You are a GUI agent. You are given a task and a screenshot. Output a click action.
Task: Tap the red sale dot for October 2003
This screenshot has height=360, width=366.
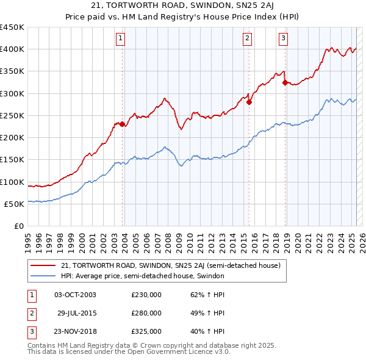coord(123,124)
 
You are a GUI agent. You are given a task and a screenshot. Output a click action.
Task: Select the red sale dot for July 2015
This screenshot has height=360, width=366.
coord(249,102)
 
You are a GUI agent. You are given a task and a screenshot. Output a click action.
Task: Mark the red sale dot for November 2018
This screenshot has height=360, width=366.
coord(285,82)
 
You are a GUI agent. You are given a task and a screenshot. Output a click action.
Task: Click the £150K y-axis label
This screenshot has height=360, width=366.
coord(12,160)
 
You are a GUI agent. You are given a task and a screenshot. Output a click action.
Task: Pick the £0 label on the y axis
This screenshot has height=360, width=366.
coord(18,226)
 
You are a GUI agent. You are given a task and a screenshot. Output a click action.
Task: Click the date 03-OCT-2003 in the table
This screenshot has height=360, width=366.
coord(75,294)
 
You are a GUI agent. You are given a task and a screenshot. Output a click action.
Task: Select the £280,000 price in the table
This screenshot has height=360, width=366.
coord(146,313)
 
